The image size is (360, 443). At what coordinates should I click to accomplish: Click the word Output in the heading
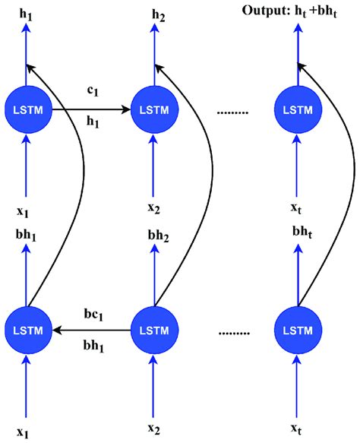tap(264, 11)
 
